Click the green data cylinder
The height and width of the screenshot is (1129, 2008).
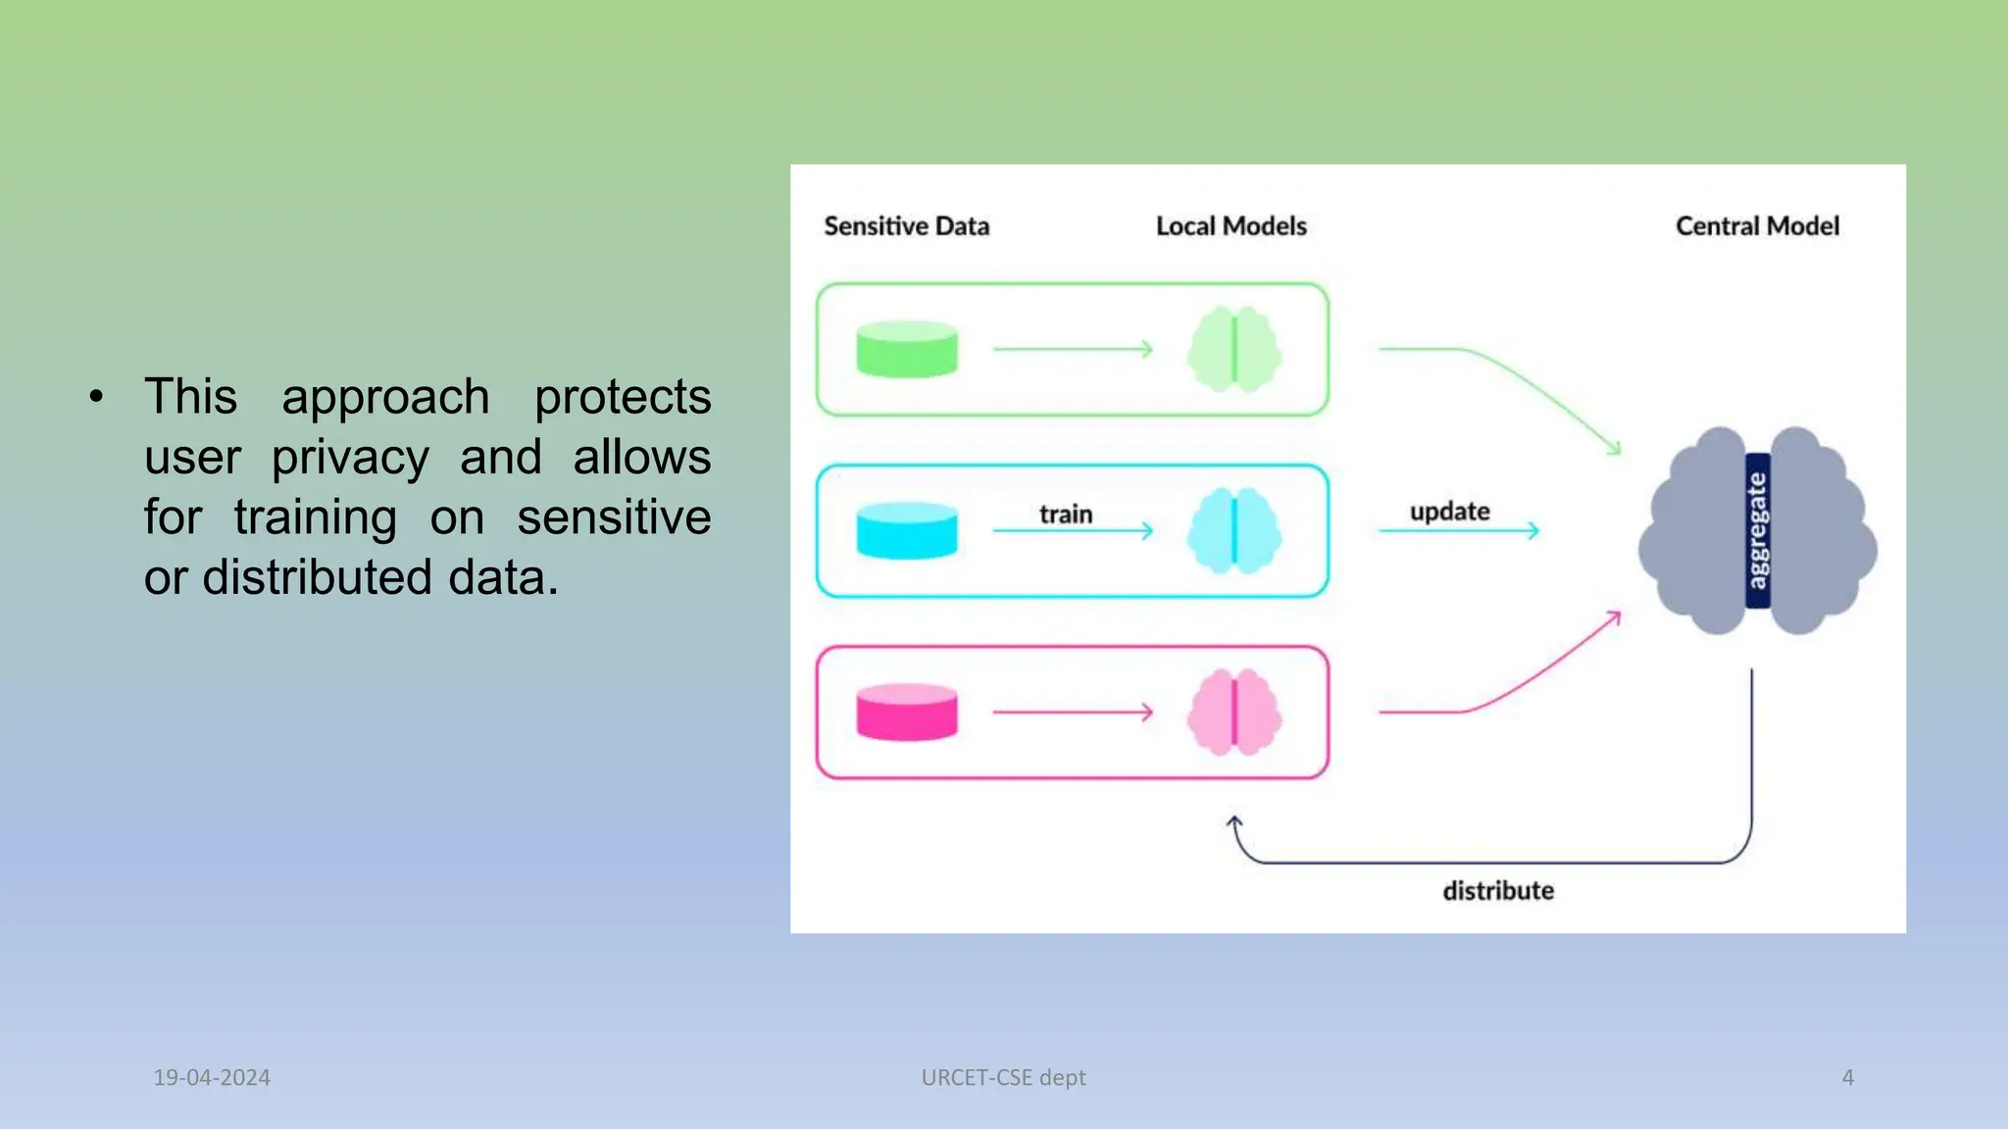point(906,349)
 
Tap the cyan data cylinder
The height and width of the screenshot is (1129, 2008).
point(906,530)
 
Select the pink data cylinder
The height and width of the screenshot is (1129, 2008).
point(906,712)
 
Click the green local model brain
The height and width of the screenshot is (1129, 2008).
point(1233,349)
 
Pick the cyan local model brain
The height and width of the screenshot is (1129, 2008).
point(1233,530)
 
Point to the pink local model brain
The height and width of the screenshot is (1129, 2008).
point(1233,712)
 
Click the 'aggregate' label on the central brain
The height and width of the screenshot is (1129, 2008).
point(1757,530)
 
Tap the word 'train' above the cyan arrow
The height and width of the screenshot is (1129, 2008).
point(1065,514)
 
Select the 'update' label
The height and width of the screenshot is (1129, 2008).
point(1449,511)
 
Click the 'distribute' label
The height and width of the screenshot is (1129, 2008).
point(1497,890)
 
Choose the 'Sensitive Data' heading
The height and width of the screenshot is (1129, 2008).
point(906,225)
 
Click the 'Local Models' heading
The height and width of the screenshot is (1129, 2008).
point(1230,225)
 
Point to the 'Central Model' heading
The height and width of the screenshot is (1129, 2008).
point(1756,225)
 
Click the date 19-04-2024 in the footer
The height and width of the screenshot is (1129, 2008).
point(211,1077)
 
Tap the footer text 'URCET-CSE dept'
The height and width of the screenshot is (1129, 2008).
point(1003,1077)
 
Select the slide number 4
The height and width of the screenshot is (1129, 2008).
point(1847,1077)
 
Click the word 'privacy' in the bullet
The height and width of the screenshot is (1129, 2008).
point(350,458)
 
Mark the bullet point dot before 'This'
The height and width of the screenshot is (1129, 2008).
point(95,397)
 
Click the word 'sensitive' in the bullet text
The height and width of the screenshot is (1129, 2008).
point(613,517)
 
